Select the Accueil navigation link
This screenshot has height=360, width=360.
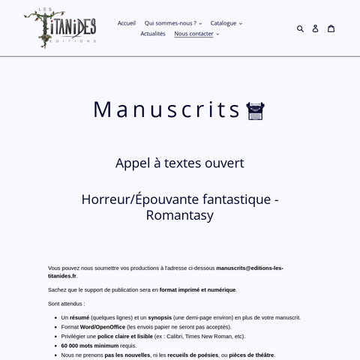pos(127,23)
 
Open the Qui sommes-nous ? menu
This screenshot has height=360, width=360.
pos(173,23)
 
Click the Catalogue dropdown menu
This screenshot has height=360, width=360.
pos(226,23)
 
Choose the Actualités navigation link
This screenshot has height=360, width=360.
pos(153,34)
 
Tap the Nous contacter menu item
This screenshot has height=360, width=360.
pos(196,34)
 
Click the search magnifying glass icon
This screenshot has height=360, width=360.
pos(300,28)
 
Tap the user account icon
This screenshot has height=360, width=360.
pos(315,28)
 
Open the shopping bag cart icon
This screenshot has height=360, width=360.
pos(331,28)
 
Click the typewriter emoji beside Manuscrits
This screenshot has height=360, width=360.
pos(256,110)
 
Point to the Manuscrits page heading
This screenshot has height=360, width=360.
pos(166,109)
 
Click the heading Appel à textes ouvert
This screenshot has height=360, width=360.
pos(180,163)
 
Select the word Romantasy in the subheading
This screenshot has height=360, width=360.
pos(180,216)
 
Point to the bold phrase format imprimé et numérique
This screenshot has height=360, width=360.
pos(197,289)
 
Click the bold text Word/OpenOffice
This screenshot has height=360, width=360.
pos(103,327)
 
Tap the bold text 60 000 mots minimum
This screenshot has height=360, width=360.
pos(89,346)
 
